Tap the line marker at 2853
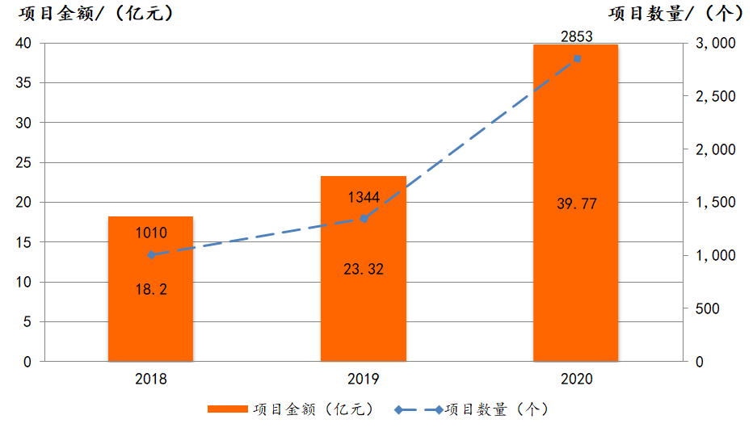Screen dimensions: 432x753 point(577,59)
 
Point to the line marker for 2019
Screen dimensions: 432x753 point(364,218)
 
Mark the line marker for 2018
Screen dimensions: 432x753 point(151,254)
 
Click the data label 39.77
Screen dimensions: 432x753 point(577,203)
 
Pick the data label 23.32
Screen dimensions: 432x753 point(363,269)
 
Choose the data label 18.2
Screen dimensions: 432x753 point(150,289)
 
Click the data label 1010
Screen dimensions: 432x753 point(150,234)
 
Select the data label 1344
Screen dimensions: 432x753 point(364,198)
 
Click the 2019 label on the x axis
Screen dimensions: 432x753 point(364,379)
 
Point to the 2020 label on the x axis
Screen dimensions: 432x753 point(576,379)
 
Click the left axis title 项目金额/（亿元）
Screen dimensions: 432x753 point(96,14)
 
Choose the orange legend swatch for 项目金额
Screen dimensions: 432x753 point(227,409)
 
